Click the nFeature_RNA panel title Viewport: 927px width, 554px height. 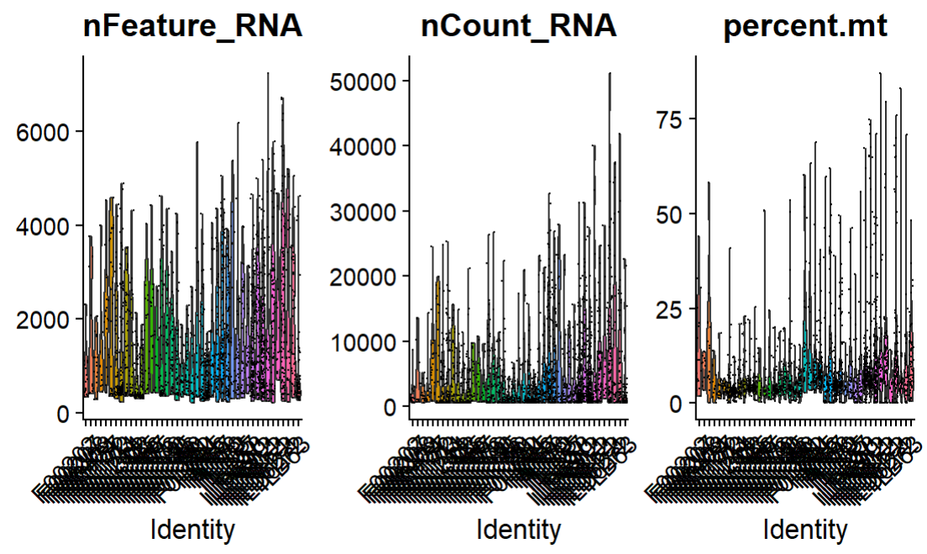point(192,28)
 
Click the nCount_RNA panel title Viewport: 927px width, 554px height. point(519,28)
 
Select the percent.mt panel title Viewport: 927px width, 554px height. point(805,28)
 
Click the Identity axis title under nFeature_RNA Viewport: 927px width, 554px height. point(192,530)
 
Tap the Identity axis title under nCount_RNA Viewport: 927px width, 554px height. point(519,530)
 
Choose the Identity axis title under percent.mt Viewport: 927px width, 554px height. point(805,530)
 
